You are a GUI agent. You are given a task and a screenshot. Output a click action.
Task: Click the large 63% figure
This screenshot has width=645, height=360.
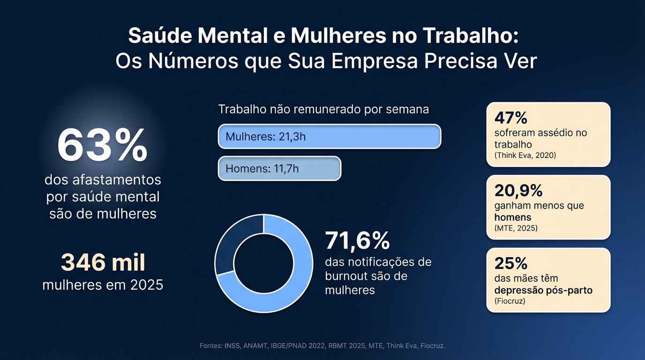(102, 146)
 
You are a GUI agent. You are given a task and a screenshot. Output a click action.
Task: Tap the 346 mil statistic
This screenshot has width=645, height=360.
(103, 263)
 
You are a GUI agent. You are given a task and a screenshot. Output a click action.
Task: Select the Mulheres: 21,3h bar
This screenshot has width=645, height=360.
(329, 137)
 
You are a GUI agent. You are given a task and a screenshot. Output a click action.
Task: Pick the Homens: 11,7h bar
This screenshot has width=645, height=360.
(279, 168)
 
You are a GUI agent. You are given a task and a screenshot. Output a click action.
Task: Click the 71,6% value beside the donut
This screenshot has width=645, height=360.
(357, 241)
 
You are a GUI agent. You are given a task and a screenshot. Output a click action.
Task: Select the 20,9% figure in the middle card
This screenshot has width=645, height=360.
(518, 190)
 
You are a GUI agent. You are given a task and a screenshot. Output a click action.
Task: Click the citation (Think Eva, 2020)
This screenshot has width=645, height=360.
(525, 155)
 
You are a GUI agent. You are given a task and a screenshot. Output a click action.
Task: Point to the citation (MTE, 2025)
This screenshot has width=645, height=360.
(516, 228)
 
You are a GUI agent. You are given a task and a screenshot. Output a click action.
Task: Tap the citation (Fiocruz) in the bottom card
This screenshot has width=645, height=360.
(510, 301)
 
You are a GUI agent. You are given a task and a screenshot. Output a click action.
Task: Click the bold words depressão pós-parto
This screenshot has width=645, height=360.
(543, 290)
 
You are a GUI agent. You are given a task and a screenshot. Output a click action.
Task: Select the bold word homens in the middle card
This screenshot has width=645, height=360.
(513, 217)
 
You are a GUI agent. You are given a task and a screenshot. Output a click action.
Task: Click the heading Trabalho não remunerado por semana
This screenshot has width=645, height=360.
(323, 110)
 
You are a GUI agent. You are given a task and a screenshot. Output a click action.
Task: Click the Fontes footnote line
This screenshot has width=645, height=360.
(322, 346)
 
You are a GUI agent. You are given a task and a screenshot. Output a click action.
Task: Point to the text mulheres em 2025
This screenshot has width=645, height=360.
(103, 285)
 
